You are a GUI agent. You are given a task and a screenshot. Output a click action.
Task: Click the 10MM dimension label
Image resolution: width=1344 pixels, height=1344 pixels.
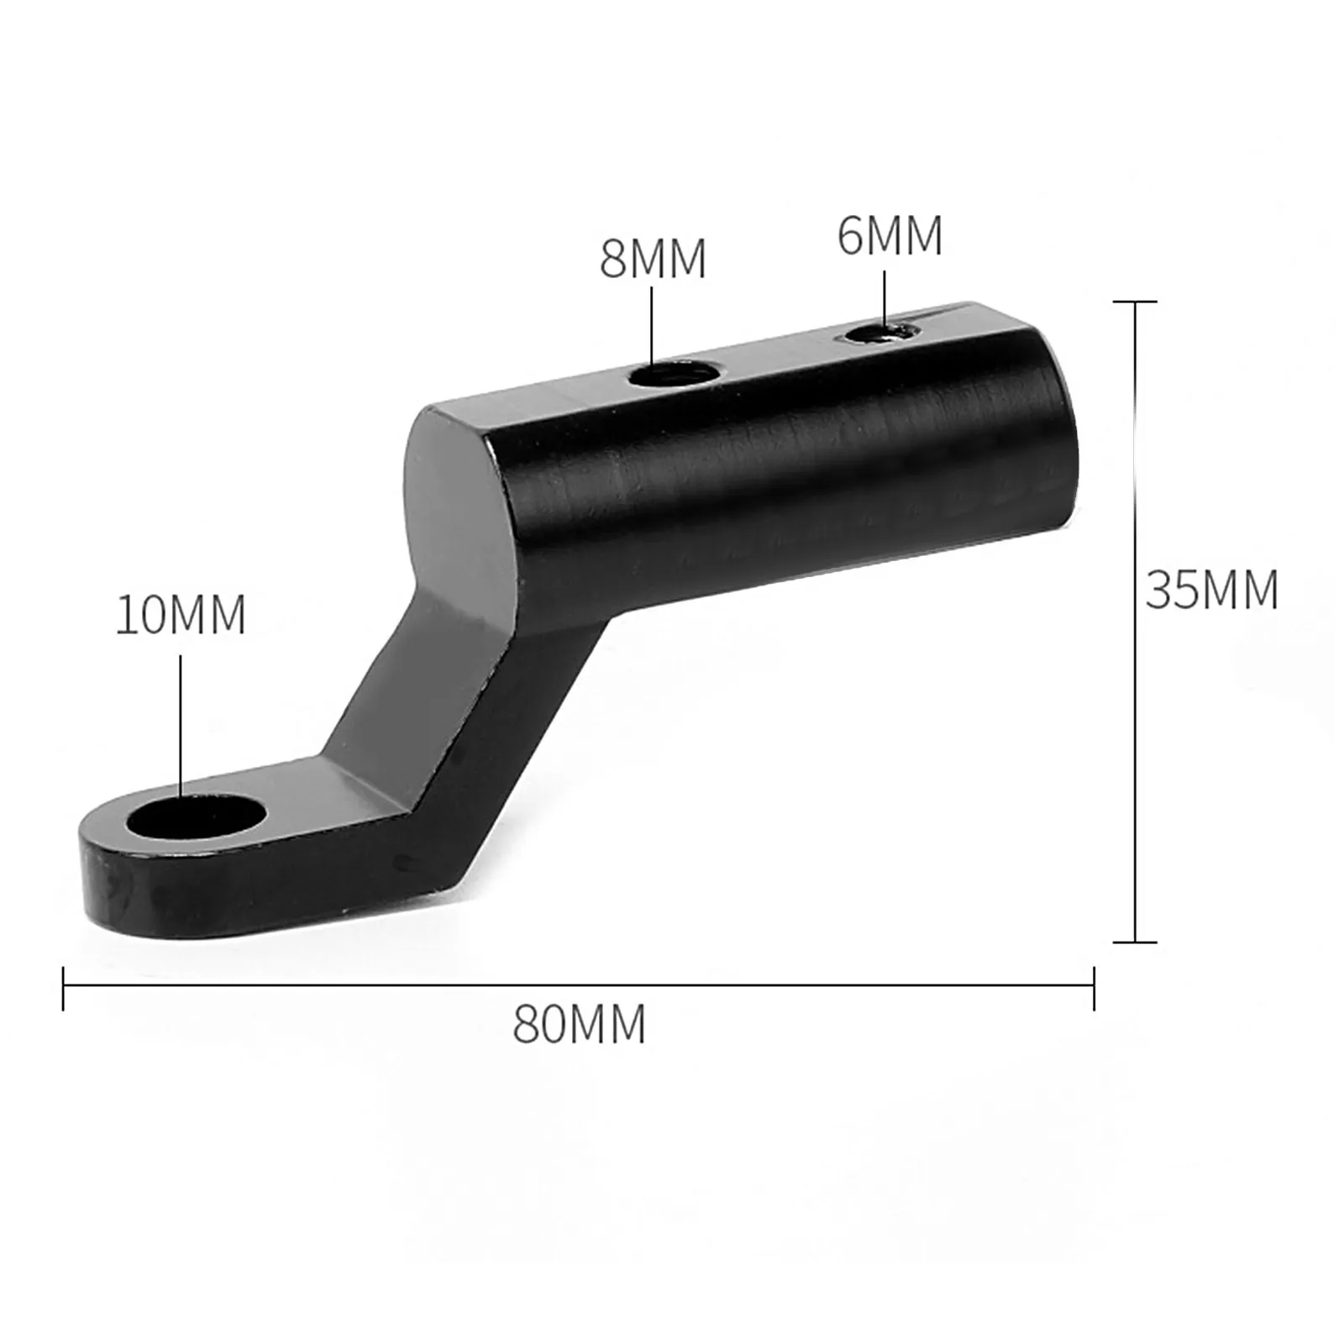tap(180, 615)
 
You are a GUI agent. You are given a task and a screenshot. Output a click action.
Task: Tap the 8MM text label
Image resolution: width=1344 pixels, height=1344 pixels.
tap(653, 259)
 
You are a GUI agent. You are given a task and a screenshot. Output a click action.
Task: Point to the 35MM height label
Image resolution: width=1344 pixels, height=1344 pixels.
tap(1211, 590)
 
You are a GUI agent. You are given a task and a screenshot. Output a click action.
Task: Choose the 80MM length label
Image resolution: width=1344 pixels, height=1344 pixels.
tap(580, 1024)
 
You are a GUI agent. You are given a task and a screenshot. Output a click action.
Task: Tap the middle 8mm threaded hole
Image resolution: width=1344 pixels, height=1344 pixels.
tap(673, 372)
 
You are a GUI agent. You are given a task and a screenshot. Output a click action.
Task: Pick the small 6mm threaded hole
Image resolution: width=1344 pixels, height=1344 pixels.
tap(879, 333)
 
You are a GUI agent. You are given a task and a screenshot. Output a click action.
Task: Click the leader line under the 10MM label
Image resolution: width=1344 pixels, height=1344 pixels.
tap(181, 722)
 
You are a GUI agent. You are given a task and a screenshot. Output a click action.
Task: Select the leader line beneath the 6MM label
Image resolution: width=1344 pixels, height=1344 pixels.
tap(885, 298)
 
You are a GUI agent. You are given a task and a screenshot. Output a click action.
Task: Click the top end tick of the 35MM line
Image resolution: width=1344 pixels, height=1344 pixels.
tap(1135, 301)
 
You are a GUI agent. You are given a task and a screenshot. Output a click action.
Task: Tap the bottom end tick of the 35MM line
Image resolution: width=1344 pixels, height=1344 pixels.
tap(1135, 942)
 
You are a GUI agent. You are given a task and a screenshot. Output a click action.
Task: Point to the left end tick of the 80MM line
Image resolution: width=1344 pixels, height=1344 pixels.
tap(64, 988)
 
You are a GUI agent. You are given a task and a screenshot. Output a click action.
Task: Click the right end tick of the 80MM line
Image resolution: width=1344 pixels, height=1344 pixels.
tap(1094, 988)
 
